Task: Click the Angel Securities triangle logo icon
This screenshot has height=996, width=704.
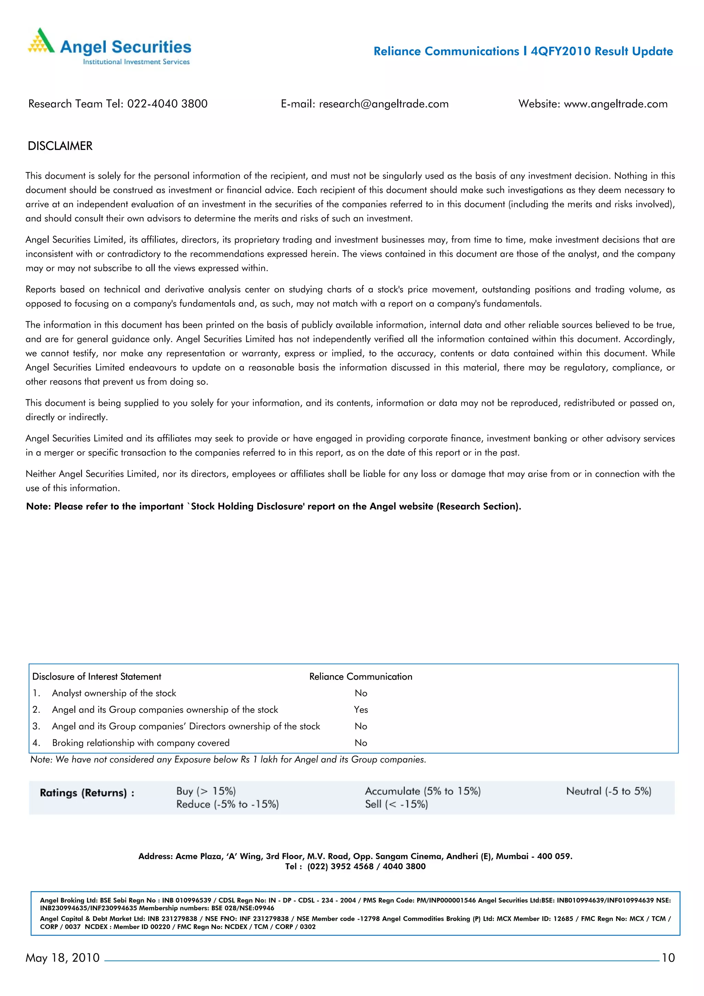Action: (41, 41)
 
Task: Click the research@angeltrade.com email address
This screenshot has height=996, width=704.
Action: (383, 104)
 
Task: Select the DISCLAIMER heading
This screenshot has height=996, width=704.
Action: (60, 146)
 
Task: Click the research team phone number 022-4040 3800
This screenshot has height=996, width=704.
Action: (167, 104)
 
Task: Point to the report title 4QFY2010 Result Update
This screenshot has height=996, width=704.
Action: (602, 51)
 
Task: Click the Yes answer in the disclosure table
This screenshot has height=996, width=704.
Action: (361, 710)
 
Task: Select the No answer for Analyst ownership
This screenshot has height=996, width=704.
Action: (361, 693)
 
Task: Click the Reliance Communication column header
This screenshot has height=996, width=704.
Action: (361, 677)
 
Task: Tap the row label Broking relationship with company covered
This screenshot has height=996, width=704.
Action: (141, 743)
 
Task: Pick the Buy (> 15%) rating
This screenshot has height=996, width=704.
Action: (206, 791)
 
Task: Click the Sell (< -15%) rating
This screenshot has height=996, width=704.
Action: (396, 804)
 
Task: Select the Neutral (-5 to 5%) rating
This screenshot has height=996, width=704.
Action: (608, 791)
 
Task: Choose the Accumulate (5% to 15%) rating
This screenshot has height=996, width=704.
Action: (422, 791)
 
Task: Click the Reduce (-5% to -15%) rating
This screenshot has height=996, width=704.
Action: (227, 804)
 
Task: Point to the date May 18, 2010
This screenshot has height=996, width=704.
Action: (63, 958)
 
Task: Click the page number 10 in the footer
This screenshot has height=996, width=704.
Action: (668, 958)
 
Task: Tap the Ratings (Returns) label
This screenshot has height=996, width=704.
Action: (87, 793)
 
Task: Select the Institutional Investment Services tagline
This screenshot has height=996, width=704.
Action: (136, 62)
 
